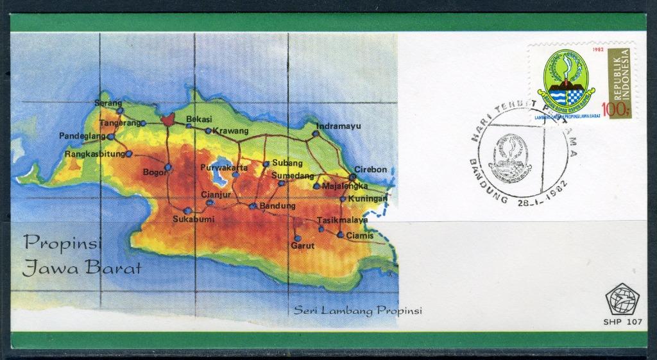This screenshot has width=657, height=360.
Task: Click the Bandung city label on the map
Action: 278,206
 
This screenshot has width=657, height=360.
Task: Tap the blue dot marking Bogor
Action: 167,167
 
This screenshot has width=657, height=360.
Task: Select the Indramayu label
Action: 339,126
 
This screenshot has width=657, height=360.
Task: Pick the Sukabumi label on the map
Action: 193,219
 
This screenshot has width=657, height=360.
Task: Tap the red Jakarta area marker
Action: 167,119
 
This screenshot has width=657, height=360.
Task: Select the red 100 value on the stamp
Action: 614,110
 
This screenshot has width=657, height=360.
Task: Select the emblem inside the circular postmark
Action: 513,155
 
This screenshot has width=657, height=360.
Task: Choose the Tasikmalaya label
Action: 343,220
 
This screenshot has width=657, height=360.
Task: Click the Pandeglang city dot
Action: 111,137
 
